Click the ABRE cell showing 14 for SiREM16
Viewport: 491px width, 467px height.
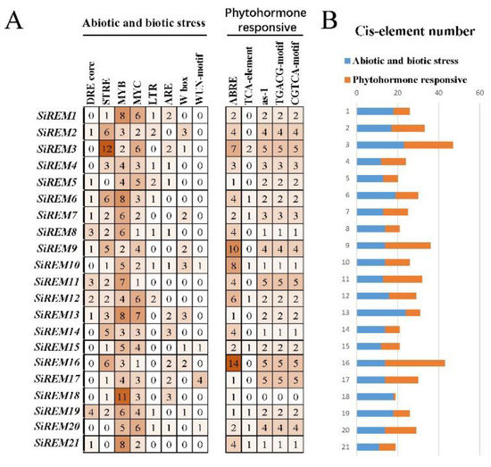point(234,363)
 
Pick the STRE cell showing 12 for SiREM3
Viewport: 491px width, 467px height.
point(106,150)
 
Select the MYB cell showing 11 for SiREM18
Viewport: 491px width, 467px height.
point(123,396)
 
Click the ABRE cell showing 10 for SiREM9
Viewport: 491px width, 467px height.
point(234,249)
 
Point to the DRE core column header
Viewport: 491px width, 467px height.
point(90,84)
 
